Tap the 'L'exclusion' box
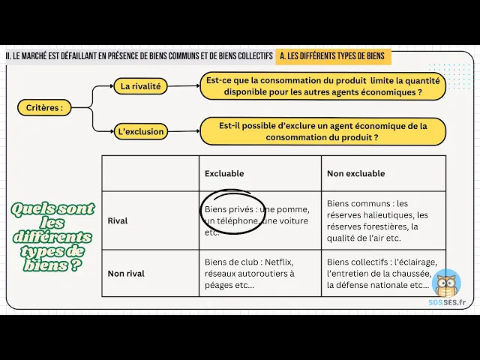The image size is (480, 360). pyautogui.click(x=140, y=132)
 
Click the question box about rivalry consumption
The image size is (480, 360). pyautogui.click(x=322, y=86)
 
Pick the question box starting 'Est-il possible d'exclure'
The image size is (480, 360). pyautogui.click(x=322, y=132)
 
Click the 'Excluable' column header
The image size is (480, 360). pyautogui.click(x=224, y=174)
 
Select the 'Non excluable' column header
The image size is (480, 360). pyautogui.click(x=355, y=174)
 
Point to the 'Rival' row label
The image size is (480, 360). pyautogui.click(x=118, y=221)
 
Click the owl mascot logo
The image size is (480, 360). pyautogui.click(x=447, y=283)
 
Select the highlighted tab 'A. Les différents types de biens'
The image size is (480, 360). pyautogui.click(x=333, y=56)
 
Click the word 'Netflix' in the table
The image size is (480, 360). pyautogui.click(x=278, y=262)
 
